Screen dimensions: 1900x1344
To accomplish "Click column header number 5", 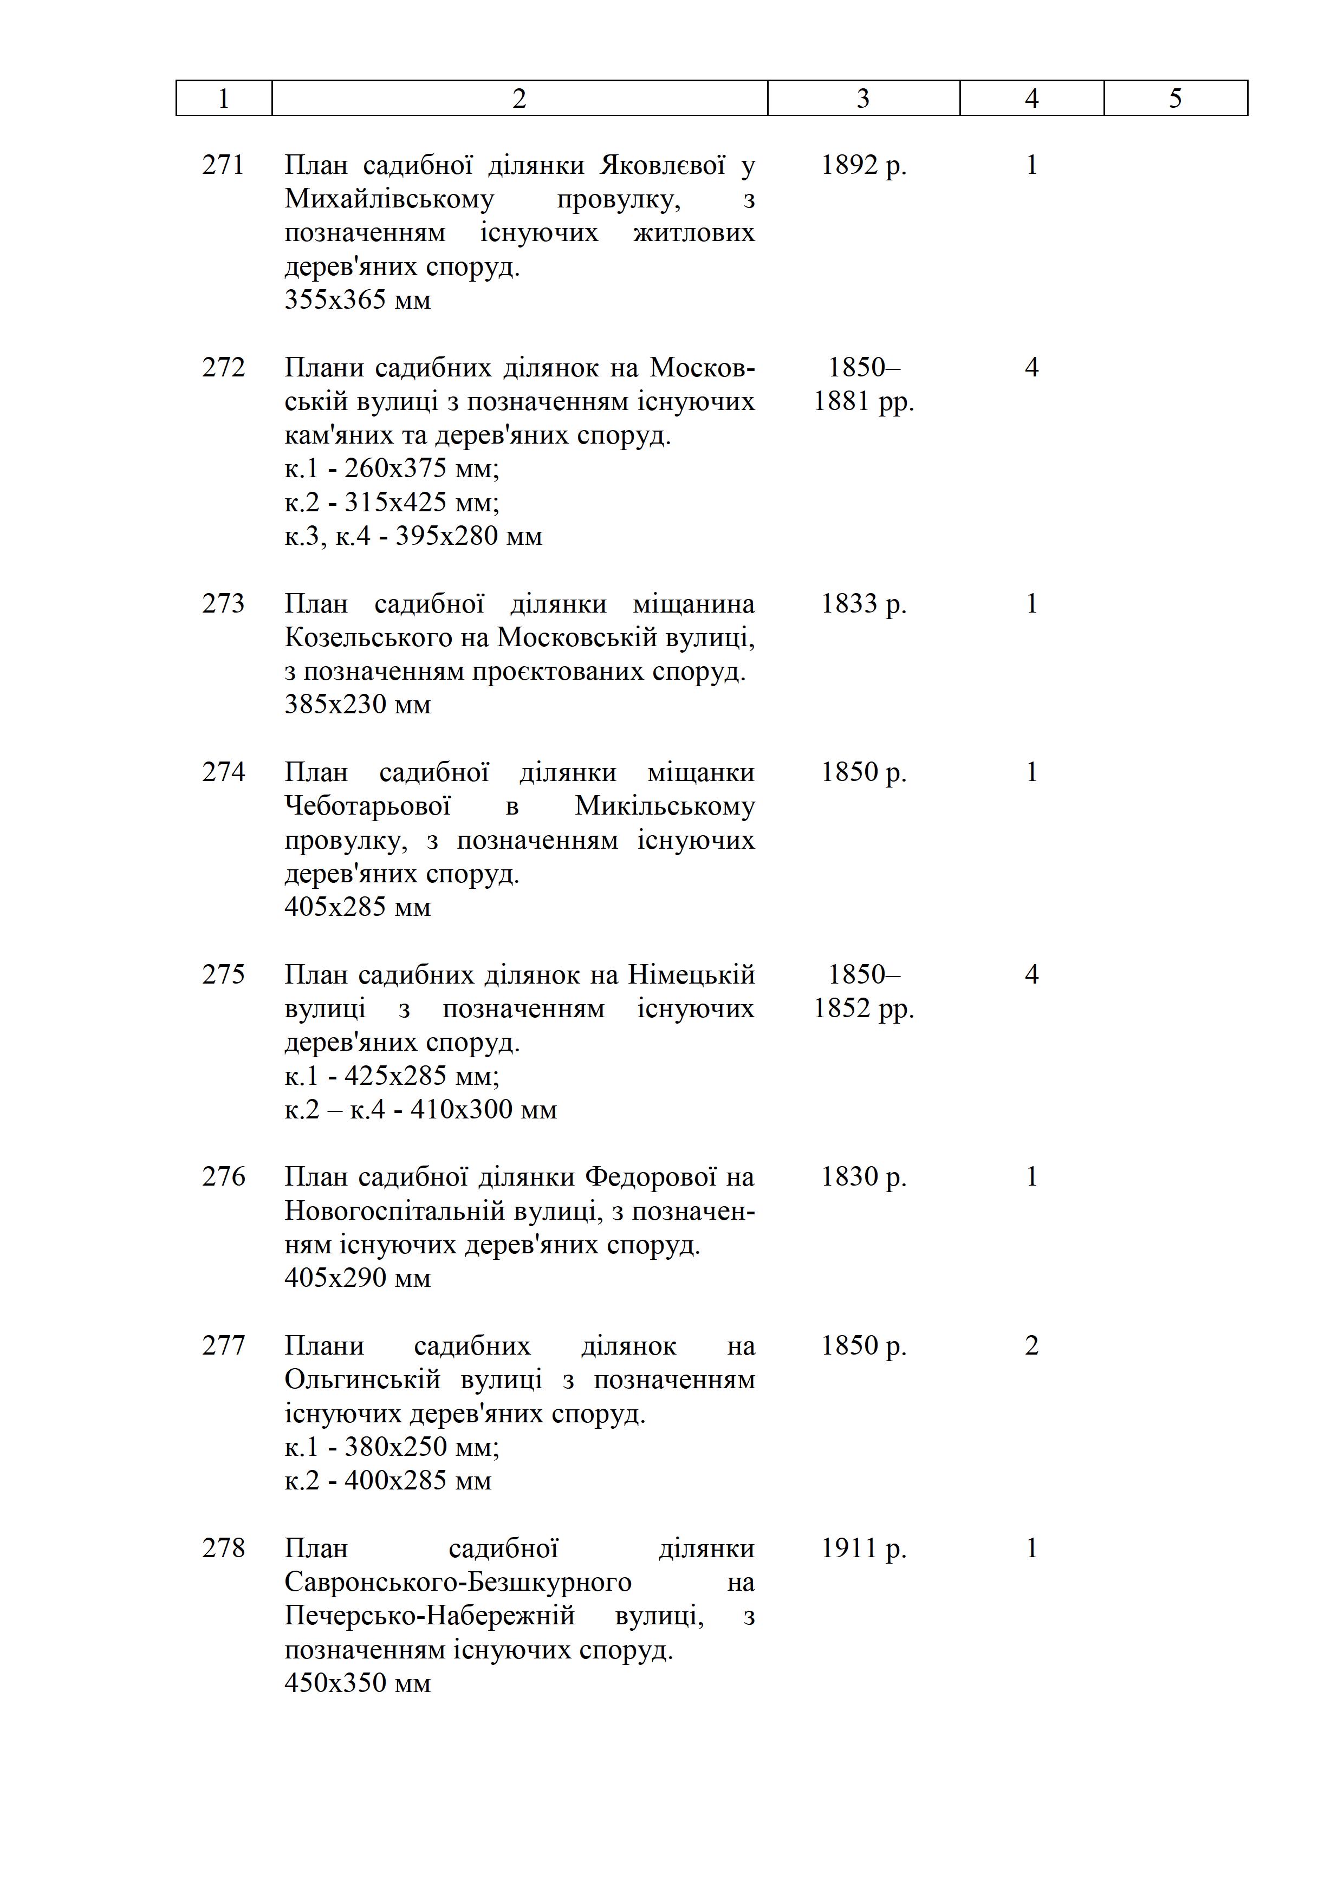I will point(1175,99).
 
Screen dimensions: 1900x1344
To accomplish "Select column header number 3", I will point(863,99).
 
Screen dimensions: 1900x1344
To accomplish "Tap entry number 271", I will point(223,166).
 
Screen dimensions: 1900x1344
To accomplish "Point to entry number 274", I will point(223,772).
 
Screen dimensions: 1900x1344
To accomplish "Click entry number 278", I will point(223,1547).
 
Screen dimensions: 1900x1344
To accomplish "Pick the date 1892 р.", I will point(863,166).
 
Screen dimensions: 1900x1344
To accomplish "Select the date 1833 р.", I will point(863,603).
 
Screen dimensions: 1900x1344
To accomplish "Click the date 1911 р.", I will point(863,1547).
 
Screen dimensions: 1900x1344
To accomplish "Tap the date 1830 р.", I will point(863,1177).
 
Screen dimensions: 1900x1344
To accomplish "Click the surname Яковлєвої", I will point(662,166).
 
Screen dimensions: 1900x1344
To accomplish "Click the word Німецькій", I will point(691,975).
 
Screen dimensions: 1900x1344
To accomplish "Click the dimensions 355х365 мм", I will point(358,300).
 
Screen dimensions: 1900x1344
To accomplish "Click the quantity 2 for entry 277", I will point(1031,1345).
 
